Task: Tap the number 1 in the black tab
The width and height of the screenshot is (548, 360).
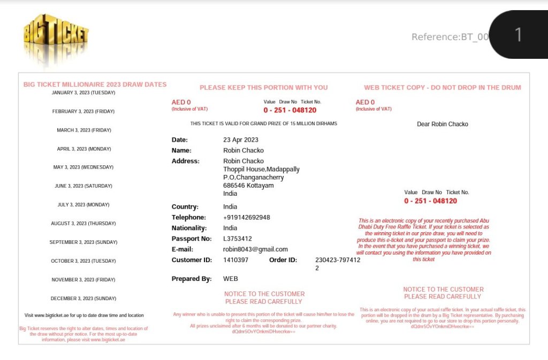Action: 517,35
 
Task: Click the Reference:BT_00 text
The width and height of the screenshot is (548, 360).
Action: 450,37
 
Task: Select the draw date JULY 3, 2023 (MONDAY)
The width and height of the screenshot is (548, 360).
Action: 83,205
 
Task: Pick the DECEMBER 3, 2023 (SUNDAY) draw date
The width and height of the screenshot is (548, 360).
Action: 83,298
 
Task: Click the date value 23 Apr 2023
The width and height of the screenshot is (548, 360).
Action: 240,140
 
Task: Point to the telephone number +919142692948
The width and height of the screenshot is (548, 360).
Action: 246,218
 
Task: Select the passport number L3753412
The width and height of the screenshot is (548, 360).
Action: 237,239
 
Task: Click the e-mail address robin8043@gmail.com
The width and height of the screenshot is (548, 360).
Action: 255,249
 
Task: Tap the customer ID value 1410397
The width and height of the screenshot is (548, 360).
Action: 235,260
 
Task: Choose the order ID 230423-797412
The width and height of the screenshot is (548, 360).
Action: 337,261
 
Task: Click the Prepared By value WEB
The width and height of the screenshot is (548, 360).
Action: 230,279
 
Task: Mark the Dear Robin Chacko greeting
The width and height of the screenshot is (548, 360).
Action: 442,124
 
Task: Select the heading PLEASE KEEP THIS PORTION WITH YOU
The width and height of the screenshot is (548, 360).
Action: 263,88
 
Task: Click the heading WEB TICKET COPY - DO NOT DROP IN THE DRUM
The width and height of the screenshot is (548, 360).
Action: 442,88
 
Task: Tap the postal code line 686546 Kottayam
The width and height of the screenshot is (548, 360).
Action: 248,186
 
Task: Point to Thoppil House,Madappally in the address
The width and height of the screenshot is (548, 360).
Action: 261,170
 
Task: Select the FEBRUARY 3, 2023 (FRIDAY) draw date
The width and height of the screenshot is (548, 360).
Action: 83,111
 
